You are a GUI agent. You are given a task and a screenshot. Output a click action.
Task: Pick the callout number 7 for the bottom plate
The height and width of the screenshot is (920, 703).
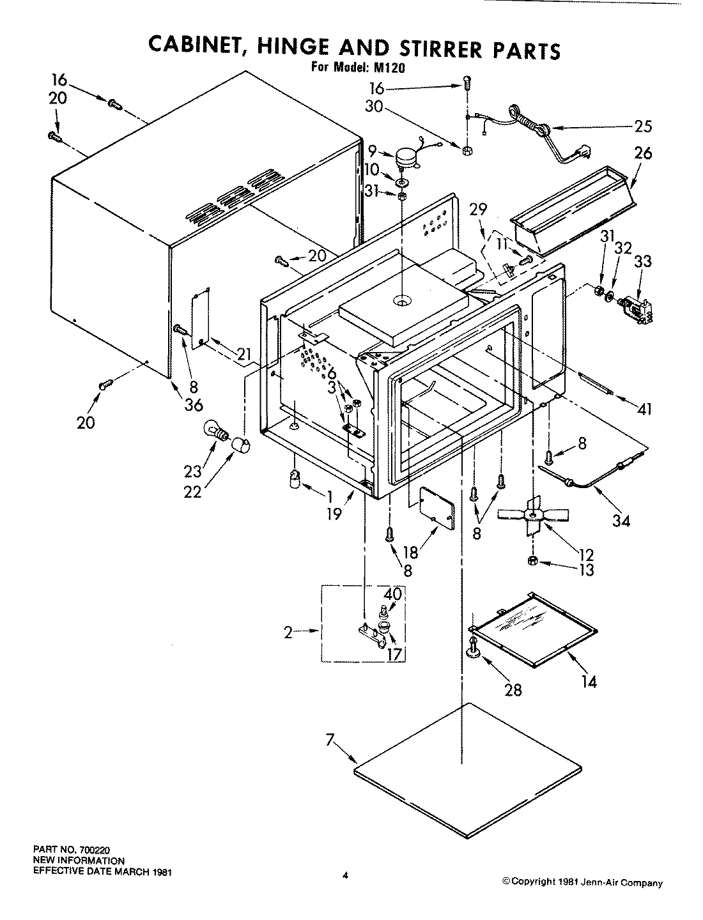click(x=329, y=740)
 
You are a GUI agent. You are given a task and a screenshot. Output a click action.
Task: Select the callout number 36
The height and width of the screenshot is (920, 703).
click(x=192, y=404)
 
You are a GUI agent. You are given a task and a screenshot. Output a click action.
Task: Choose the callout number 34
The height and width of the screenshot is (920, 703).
click(x=621, y=520)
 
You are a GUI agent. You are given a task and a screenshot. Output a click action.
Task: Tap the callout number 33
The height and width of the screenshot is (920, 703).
click(x=642, y=261)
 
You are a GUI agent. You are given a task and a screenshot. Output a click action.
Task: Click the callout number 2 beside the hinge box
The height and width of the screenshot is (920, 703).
click(x=288, y=632)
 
